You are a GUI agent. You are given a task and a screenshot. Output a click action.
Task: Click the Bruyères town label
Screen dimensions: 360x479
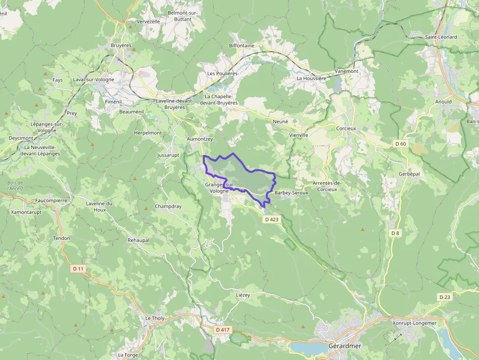[121, 45]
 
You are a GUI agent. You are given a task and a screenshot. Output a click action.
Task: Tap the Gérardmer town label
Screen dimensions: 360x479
[345, 346]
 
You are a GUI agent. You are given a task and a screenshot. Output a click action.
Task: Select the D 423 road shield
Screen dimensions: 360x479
[272, 220]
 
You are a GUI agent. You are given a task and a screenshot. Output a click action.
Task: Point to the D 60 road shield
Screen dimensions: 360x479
[400, 144]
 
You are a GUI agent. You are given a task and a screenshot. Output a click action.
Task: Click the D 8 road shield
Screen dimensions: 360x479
[395, 233]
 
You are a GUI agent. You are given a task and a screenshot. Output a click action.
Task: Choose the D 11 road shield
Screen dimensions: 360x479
[78, 269]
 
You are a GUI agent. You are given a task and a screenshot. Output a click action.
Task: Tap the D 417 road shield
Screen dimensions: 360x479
[222, 330]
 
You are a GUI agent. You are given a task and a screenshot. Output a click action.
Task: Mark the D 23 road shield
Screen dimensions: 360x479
[444, 297]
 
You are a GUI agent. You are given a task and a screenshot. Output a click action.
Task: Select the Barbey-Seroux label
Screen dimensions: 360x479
[291, 193]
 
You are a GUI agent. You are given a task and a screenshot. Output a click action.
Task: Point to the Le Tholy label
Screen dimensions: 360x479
[155, 318]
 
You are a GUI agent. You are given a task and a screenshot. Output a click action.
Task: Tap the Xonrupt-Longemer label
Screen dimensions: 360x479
[414, 323]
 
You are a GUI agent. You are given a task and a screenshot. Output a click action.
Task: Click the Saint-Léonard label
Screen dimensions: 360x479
[441, 37]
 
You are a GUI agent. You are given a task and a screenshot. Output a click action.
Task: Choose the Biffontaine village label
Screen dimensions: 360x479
[241, 45]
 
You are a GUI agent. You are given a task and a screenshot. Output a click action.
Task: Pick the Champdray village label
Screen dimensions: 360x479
[168, 206]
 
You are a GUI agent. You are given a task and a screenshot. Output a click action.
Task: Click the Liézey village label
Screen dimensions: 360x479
[243, 296]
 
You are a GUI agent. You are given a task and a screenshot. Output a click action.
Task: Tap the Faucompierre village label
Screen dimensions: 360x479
[51, 200]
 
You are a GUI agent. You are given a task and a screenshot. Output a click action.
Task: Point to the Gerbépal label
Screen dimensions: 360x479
[409, 174]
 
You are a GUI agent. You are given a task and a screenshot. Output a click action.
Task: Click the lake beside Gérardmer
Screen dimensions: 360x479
[308, 347]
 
